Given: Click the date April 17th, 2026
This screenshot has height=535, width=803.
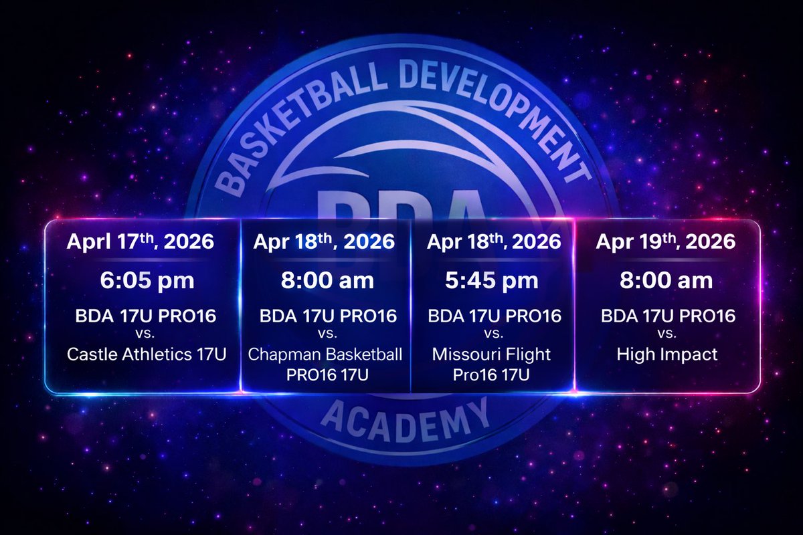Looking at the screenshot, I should coord(141,241).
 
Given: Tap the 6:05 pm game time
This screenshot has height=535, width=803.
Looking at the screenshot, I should coord(147,280).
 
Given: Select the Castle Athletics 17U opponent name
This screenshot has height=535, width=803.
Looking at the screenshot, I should coord(146,354).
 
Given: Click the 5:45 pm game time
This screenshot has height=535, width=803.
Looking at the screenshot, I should coord(491,280).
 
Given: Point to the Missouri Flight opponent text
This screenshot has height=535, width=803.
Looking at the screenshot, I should coord(492,354).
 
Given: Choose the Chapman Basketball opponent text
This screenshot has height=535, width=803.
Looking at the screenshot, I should coord(325,354).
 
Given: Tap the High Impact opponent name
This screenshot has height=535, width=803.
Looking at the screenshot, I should coord(667,354).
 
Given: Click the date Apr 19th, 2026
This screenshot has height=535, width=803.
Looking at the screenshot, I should coord(666,241).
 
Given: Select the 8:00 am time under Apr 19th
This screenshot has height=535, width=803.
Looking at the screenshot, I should coord(666,280).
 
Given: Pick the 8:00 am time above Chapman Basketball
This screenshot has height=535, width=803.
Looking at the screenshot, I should coord(326,280).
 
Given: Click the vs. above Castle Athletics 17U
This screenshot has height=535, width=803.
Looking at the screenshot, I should coord(146,333).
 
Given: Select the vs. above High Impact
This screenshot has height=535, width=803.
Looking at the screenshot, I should coord(667,333).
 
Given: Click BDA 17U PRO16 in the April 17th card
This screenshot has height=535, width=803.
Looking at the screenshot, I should coord(147,316).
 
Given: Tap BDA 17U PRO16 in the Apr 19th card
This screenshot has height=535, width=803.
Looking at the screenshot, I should coord(667,316).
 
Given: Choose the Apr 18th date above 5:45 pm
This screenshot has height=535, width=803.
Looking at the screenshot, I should coord(493,241).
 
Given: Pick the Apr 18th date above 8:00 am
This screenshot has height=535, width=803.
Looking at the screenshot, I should coord(324,241).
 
